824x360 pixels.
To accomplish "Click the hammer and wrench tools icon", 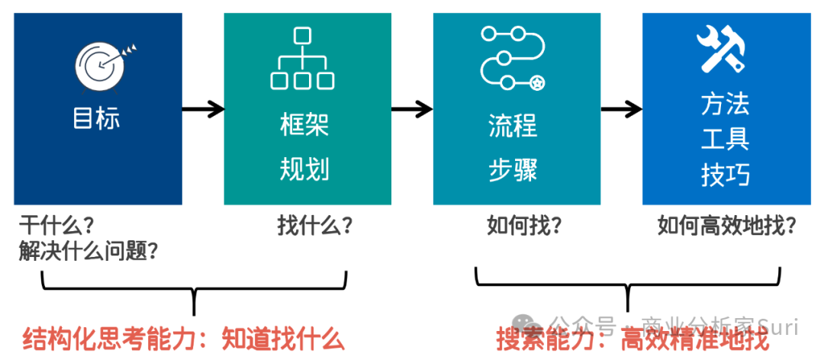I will click(x=722, y=49).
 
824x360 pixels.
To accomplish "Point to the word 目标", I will click(x=96, y=119).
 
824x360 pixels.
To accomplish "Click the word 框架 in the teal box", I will click(x=304, y=125).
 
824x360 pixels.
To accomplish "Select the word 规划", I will click(x=304, y=169).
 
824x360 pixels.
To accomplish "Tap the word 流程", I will click(x=513, y=125).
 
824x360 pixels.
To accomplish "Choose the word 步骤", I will click(x=513, y=169).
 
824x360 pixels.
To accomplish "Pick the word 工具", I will click(x=725, y=140).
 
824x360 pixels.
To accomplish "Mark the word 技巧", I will click(x=725, y=175).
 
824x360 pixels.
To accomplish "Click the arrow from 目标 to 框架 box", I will click(x=203, y=109).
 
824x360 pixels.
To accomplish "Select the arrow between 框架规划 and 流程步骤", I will click(x=412, y=109).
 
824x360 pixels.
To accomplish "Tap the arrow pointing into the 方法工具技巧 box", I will click(x=621, y=109).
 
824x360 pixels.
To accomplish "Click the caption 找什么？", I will click(x=314, y=226).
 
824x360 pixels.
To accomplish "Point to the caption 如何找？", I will click(x=524, y=226).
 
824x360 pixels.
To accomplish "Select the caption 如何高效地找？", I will click(x=727, y=226).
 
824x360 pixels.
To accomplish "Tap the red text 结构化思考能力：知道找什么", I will click(x=184, y=339).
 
